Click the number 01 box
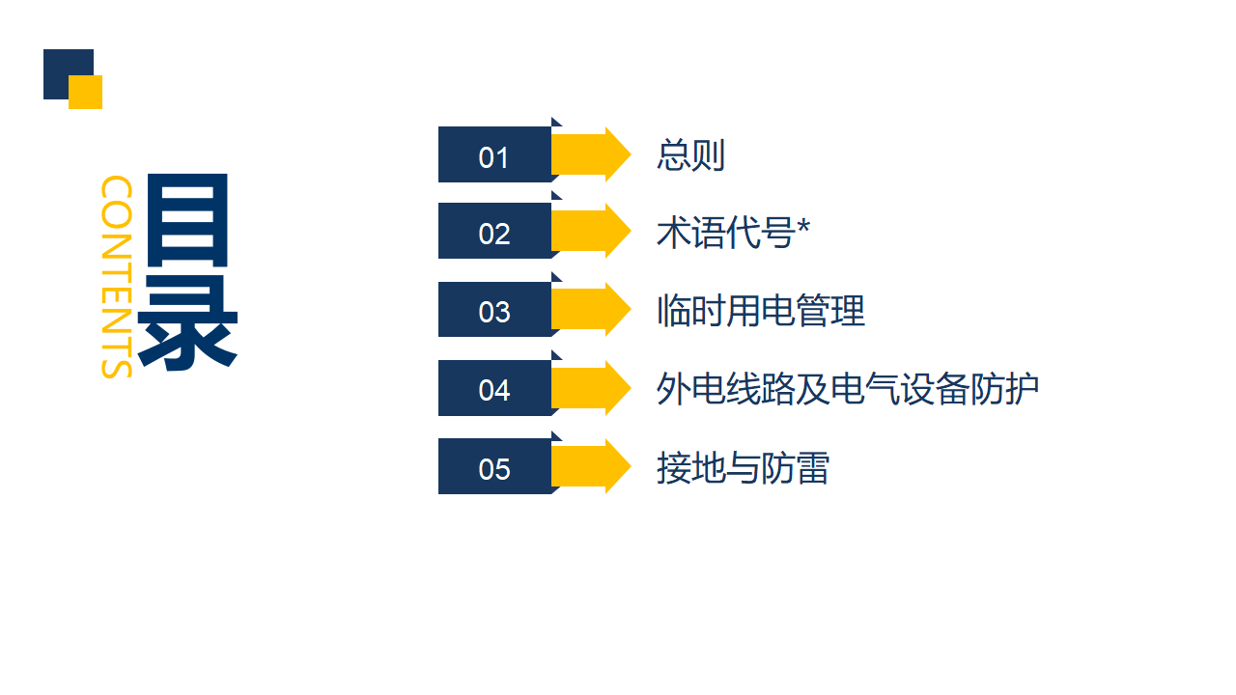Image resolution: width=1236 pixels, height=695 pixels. point(495,154)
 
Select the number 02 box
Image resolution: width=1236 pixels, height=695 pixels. point(495,231)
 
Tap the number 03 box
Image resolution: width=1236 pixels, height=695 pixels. point(495,310)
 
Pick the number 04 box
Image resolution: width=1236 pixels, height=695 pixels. point(495,388)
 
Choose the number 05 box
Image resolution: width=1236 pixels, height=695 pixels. point(495,466)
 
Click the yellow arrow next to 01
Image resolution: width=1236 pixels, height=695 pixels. point(591,154)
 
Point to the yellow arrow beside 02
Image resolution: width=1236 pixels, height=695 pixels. point(591,231)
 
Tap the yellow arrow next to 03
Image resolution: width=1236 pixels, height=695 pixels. point(591,310)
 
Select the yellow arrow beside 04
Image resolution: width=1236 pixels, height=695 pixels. point(591,388)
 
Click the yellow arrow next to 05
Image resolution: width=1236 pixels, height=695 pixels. point(591,466)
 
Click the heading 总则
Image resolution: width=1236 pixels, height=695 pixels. point(690,155)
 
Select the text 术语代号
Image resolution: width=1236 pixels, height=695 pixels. point(725,233)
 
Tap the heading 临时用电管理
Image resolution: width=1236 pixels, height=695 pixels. point(760,311)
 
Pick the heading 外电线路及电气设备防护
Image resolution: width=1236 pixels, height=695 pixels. point(848,389)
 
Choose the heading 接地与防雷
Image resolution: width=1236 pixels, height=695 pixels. point(743,468)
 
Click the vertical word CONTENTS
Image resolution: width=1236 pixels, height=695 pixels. point(117,277)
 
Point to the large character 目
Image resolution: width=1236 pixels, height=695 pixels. point(187,221)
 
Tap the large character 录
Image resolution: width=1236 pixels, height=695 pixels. point(187,323)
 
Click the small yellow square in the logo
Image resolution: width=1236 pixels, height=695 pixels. point(86,92)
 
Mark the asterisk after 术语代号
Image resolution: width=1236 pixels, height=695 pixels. point(802,226)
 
